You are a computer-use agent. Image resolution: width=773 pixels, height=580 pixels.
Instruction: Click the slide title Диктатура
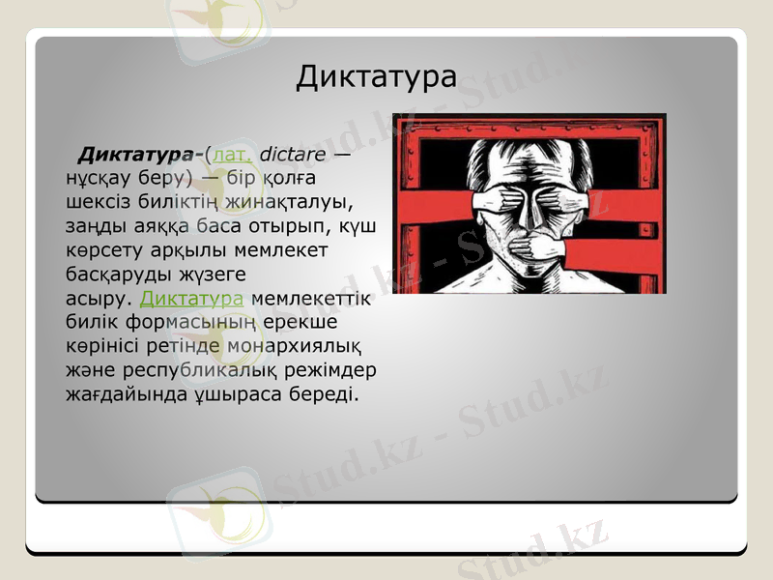click(376, 76)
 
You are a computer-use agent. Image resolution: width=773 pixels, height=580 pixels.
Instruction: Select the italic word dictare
click(292, 154)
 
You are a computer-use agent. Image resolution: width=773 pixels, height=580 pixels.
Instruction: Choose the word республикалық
click(194, 370)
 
